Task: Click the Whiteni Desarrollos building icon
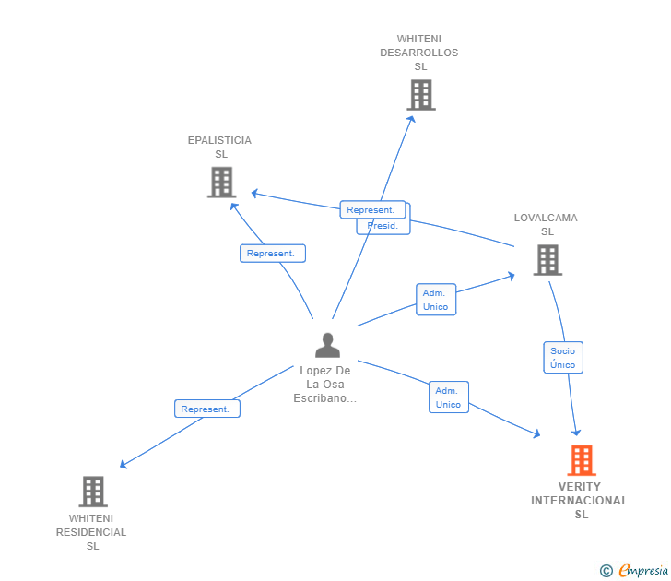[x=420, y=95]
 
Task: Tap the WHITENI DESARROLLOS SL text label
[x=419, y=53]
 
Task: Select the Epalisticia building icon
[x=221, y=183]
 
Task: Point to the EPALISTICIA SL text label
[x=219, y=147]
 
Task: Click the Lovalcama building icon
[x=547, y=260]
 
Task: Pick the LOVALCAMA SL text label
[x=546, y=225]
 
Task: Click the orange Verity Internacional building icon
[x=581, y=459]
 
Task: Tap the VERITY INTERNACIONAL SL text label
[x=580, y=501]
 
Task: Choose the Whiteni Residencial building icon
[x=92, y=492]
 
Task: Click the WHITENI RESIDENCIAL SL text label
[x=91, y=532]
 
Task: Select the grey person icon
[x=327, y=345]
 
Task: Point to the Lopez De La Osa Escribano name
[x=324, y=385]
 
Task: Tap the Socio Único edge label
[x=562, y=358]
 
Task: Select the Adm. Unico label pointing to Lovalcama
[x=436, y=300]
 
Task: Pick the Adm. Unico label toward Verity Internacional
[x=448, y=397]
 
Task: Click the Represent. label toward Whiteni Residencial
[x=206, y=409]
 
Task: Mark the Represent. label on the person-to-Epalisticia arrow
[x=272, y=254]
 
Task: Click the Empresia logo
[x=643, y=571]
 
